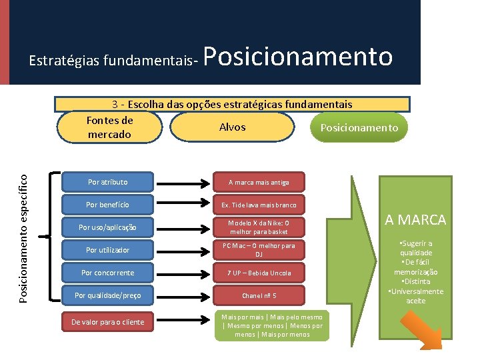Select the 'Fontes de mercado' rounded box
pos(110,127)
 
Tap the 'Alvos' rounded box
pos(232,127)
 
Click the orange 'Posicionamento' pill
pos(359,127)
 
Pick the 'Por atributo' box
pos(107,182)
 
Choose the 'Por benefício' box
pos(107,205)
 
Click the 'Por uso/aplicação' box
pos(107,227)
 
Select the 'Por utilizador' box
pos(107,250)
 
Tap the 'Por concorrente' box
pos(107,273)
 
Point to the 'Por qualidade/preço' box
pos(107,295)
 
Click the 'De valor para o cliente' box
pos(107,322)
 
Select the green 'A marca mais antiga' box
pos(259,182)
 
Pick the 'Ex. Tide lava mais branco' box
pos(259,205)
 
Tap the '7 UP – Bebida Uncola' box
pos(259,273)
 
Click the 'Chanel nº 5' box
pos(259,295)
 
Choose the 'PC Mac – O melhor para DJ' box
pos(259,250)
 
